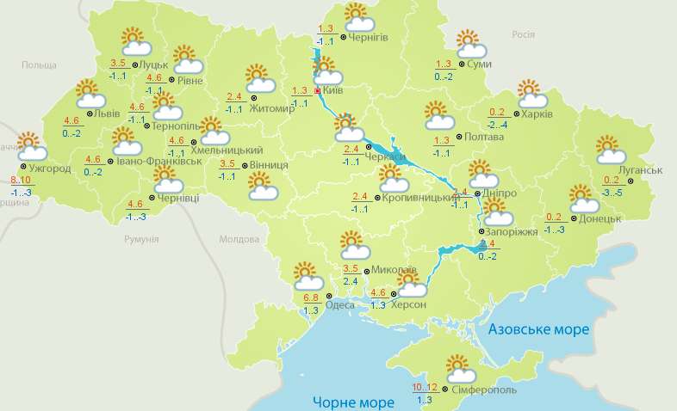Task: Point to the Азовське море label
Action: point(538,329)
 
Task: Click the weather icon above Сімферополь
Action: point(463,369)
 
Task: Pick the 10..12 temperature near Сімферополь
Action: point(425,386)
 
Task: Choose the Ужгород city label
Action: point(49,168)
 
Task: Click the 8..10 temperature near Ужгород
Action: point(21,180)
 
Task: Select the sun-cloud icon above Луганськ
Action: point(611,150)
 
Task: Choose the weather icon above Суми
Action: point(468,43)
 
